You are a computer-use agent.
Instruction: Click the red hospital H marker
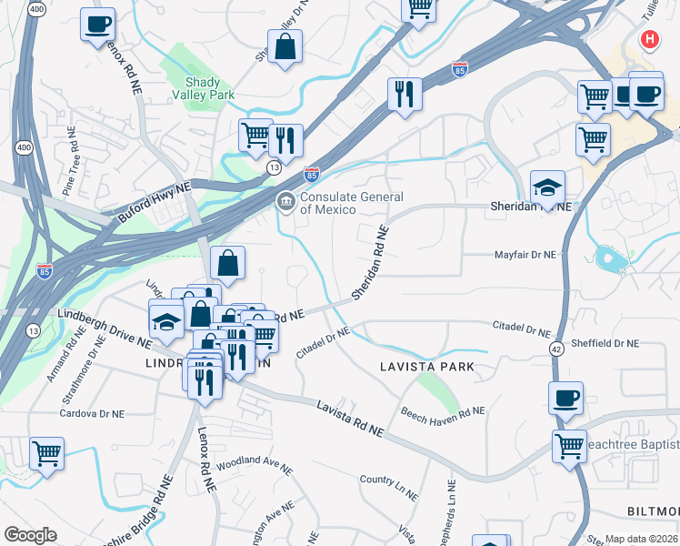[x=649, y=39]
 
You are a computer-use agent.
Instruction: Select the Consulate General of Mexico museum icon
[x=285, y=201]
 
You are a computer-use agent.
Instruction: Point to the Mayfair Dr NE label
[x=525, y=257]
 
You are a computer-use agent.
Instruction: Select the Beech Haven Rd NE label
[x=443, y=413]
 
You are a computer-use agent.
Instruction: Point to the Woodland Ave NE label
[x=255, y=466]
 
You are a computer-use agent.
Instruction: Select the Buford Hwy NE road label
[x=154, y=202]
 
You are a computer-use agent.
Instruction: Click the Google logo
[x=30, y=535]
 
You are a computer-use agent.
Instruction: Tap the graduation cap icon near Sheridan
[x=547, y=187]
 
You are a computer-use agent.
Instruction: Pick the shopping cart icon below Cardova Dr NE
[x=46, y=452]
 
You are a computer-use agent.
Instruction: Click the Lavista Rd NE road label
[x=349, y=419]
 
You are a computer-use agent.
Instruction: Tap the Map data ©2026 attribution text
[x=641, y=539]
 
